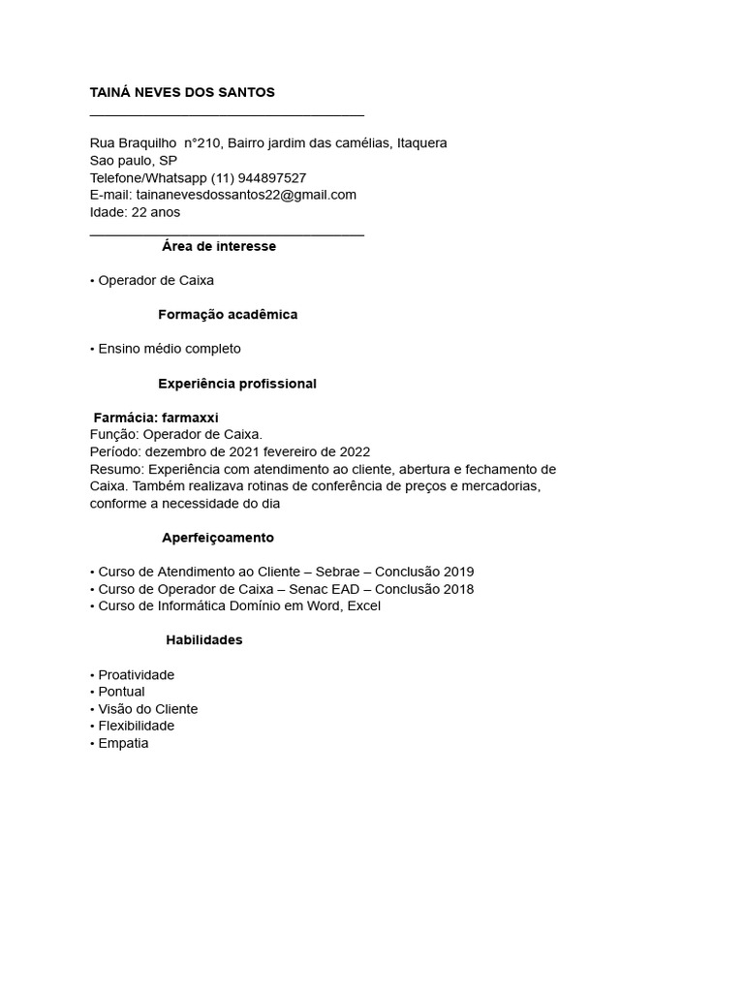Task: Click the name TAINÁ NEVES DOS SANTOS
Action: click(x=182, y=92)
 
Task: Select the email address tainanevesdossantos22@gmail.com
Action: click(x=246, y=195)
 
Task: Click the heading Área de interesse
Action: click(x=219, y=246)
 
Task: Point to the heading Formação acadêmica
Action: click(x=228, y=315)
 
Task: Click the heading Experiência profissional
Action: click(x=237, y=384)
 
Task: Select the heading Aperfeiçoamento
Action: click(x=218, y=538)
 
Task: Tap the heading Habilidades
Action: click(x=204, y=640)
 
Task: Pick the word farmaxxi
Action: click(x=190, y=418)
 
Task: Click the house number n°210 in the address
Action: click(x=203, y=143)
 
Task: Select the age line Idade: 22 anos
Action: click(x=135, y=212)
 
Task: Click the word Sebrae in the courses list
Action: click(x=337, y=572)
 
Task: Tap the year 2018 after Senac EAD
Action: click(x=459, y=589)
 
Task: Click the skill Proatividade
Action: click(x=137, y=675)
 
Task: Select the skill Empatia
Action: click(x=123, y=744)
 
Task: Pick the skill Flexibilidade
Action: click(x=137, y=727)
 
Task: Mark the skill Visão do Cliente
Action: click(x=147, y=709)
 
